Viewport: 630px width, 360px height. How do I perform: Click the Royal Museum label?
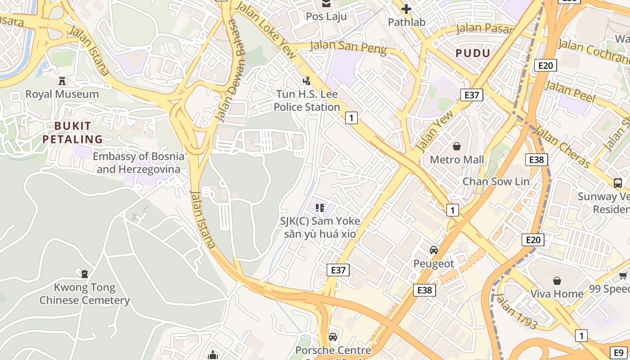pos(62,94)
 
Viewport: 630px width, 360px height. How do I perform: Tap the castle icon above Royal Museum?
pos(62,81)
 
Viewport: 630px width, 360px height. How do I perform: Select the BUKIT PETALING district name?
pos(73,132)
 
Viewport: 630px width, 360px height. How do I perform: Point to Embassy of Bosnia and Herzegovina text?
pos(138,163)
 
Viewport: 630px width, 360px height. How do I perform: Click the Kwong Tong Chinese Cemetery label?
pos(84,294)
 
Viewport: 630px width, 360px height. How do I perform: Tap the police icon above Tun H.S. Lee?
pos(307,81)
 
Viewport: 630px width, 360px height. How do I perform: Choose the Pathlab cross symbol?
pos(406,9)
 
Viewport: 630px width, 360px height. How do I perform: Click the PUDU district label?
pos(472,54)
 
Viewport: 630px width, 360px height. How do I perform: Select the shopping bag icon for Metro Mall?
pos(457,146)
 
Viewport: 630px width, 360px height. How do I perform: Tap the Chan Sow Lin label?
pos(496,181)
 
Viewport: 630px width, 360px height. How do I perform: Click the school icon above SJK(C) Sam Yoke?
pos(320,207)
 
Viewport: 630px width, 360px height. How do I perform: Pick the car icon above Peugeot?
pos(434,250)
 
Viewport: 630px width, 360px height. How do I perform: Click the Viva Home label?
pos(557,294)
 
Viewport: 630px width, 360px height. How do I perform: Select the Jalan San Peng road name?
pos(348,46)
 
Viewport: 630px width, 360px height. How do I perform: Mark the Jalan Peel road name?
pos(569,91)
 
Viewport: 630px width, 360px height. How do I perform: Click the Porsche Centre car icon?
pos(333,337)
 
